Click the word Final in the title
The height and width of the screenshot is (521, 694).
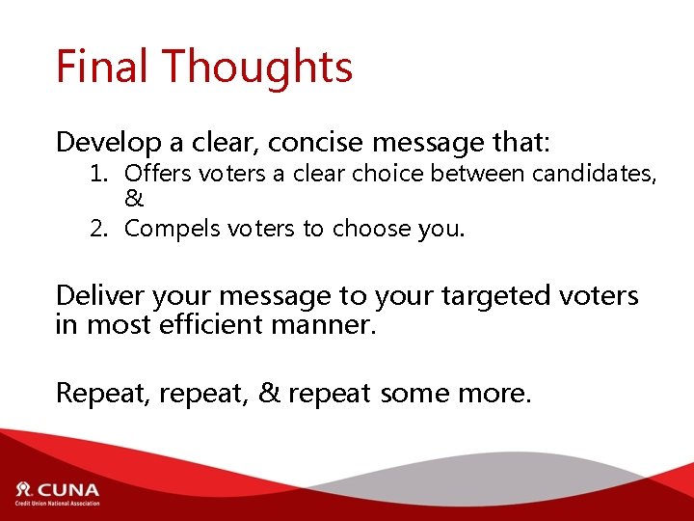(101, 67)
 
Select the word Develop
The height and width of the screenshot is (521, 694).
(109, 144)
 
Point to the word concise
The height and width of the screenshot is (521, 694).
(315, 143)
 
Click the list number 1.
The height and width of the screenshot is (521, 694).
(96, 175)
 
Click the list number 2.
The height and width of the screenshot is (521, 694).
(96, 230)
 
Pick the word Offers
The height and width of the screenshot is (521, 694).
(155, 175)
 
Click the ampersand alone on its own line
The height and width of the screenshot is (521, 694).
(134, 200)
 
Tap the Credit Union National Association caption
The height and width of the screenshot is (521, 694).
(57, 503)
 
